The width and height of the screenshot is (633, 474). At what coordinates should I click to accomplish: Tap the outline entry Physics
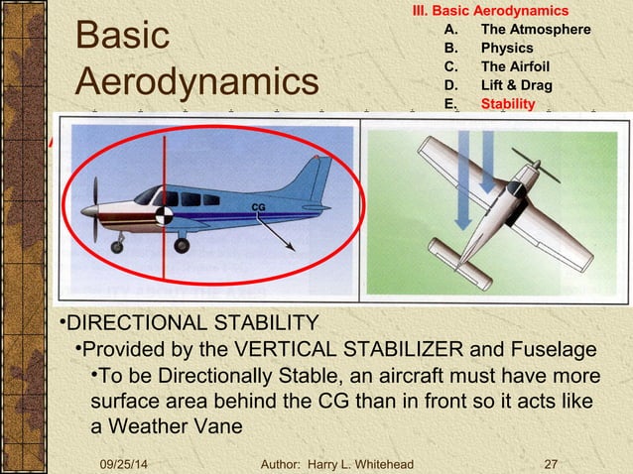506,48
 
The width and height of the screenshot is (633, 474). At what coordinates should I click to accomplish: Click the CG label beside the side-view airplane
257,205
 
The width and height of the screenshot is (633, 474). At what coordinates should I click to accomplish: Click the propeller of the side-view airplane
95,209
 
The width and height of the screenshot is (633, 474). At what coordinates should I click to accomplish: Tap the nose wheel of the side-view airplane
117,246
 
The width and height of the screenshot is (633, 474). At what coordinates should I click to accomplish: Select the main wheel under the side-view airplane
181,244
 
